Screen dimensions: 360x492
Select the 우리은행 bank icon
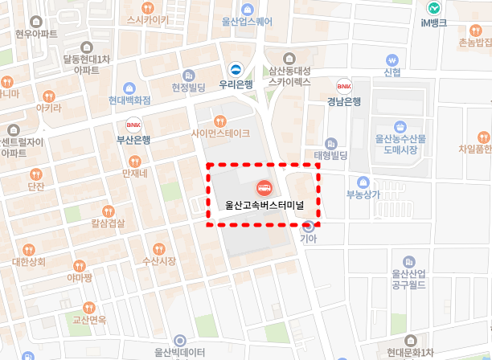[236, 68]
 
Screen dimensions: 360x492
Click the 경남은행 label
[344, 101]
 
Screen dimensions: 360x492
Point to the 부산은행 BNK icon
[133, 124]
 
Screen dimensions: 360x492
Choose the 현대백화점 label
[130, 100]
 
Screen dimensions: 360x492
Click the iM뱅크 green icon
[434, 7]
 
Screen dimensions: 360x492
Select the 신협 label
[392, 73]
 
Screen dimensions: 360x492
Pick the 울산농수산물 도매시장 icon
[400, 126]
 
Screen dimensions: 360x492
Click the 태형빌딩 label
[330, 154]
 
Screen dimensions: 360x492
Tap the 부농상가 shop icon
[363, 182]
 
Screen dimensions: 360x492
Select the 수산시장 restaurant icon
[158, 247]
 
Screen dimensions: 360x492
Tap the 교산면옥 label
[89, 320]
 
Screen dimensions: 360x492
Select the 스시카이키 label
[142, 19]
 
